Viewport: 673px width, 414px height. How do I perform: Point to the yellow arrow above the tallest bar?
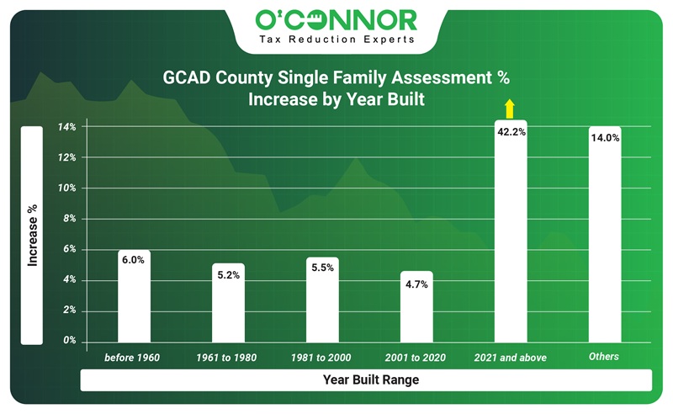509,108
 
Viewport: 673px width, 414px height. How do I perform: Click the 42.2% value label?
511,132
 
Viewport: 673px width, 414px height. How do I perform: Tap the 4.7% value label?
416,284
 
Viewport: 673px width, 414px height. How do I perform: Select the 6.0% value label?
134,261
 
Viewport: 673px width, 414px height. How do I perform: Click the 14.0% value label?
605,137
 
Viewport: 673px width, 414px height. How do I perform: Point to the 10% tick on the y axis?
67,188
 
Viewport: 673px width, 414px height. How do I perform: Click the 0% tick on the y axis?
69,341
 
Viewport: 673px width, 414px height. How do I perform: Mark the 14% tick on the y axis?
67,128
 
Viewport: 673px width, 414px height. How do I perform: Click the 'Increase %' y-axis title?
32,236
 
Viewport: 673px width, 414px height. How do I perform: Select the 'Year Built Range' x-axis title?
371,380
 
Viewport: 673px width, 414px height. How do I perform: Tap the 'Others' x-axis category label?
604,357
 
